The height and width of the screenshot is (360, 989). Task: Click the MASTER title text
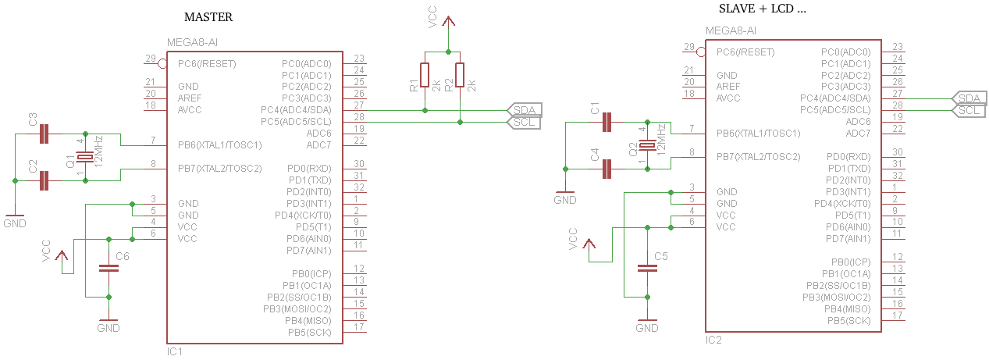pos(208,17)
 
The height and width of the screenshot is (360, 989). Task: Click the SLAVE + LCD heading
pos(761,9)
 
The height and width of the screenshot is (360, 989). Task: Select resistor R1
pos(424,75)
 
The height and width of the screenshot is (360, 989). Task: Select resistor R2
pos(460,75)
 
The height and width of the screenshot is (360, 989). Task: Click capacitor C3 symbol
pos(45,134)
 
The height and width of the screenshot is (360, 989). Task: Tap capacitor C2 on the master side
pos(45,180)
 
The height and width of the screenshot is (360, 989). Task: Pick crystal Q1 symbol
pos(85,157)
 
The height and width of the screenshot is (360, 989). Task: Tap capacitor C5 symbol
pos(647,268)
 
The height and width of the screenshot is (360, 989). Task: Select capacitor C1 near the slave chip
pos(607,122)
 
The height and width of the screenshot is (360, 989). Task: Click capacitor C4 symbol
pos(607,169)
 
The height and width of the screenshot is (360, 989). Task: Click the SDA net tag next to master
pos(525,110)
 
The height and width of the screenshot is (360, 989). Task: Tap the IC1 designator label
pos(175,351)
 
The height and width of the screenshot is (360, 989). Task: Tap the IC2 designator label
pos(713,340)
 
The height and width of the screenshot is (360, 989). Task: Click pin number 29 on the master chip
pos(149,59)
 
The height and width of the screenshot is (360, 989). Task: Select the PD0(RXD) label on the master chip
pos(309,169)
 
